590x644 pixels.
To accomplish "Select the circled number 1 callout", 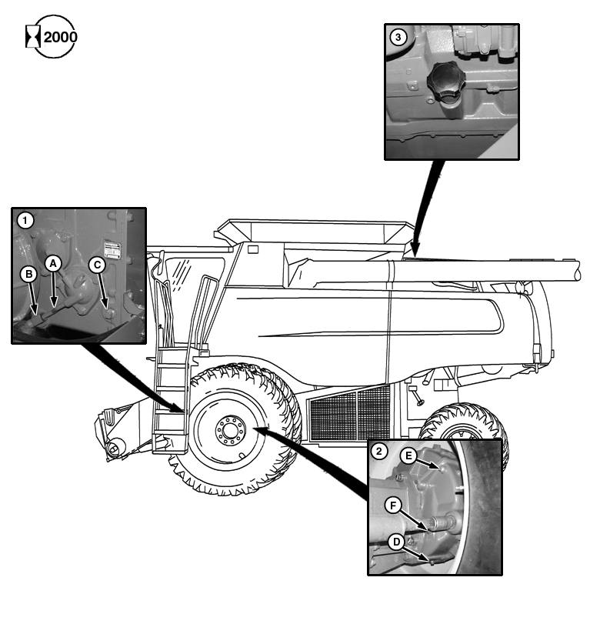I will point(26,221).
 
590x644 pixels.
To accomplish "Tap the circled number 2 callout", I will point(379,452).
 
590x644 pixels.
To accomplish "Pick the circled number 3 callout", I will point(398,37).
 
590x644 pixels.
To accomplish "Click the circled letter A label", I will point(52,263).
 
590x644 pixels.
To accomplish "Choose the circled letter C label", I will point(97,264).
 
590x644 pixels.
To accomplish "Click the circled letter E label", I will point(410,455).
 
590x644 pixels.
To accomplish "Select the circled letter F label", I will point(393,506).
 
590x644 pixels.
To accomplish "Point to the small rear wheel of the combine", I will point(462,431).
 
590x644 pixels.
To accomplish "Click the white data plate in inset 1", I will point(113,248).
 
